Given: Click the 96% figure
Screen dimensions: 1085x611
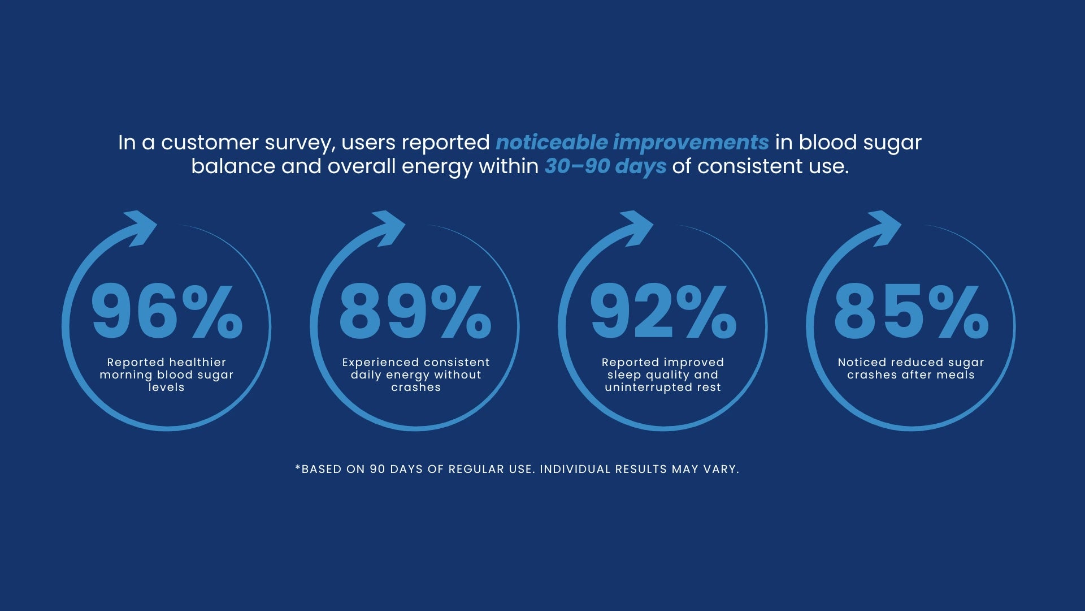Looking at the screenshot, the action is coord(167,312).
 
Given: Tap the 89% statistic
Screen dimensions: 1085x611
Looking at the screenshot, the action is coord(415,312).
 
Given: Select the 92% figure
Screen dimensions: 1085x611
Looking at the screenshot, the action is coord(663,312).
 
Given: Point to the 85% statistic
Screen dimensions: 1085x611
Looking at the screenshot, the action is coord(912,312).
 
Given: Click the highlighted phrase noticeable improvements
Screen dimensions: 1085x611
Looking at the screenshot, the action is coord(632,143).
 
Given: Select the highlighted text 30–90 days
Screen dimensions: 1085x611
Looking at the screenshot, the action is coord(605,167).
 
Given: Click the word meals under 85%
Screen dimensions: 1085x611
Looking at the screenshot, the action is coord(956,375).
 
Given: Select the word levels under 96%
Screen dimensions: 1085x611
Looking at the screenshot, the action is coord(166,387).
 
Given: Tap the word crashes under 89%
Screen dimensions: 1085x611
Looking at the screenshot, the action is coord(416,387).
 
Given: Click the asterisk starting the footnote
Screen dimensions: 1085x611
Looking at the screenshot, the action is coord(298,467).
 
